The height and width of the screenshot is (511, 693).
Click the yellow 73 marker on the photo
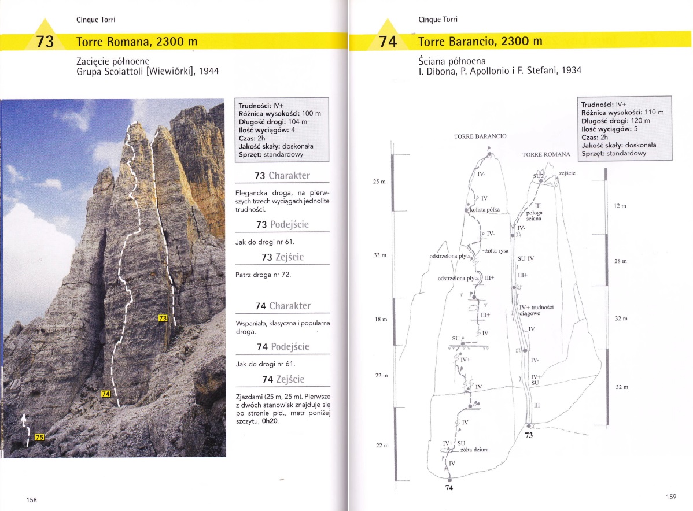[163, 318]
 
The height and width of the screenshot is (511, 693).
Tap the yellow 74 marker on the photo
[105, 394]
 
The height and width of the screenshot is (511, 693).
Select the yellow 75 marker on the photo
[39, 437]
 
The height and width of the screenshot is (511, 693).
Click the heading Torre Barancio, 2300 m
[480, 42]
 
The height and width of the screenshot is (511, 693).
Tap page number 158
[31, 500]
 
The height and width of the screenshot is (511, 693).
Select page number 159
[671, 496]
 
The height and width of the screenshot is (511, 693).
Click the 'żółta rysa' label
[497, 250]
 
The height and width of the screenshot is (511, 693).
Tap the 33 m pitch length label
[380, 255]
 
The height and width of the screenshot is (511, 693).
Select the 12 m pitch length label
[620, 206]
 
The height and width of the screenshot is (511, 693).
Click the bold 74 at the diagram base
[449, 488]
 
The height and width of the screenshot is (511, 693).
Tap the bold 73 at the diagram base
[528, 435]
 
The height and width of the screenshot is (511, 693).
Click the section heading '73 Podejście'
[282, 224]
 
